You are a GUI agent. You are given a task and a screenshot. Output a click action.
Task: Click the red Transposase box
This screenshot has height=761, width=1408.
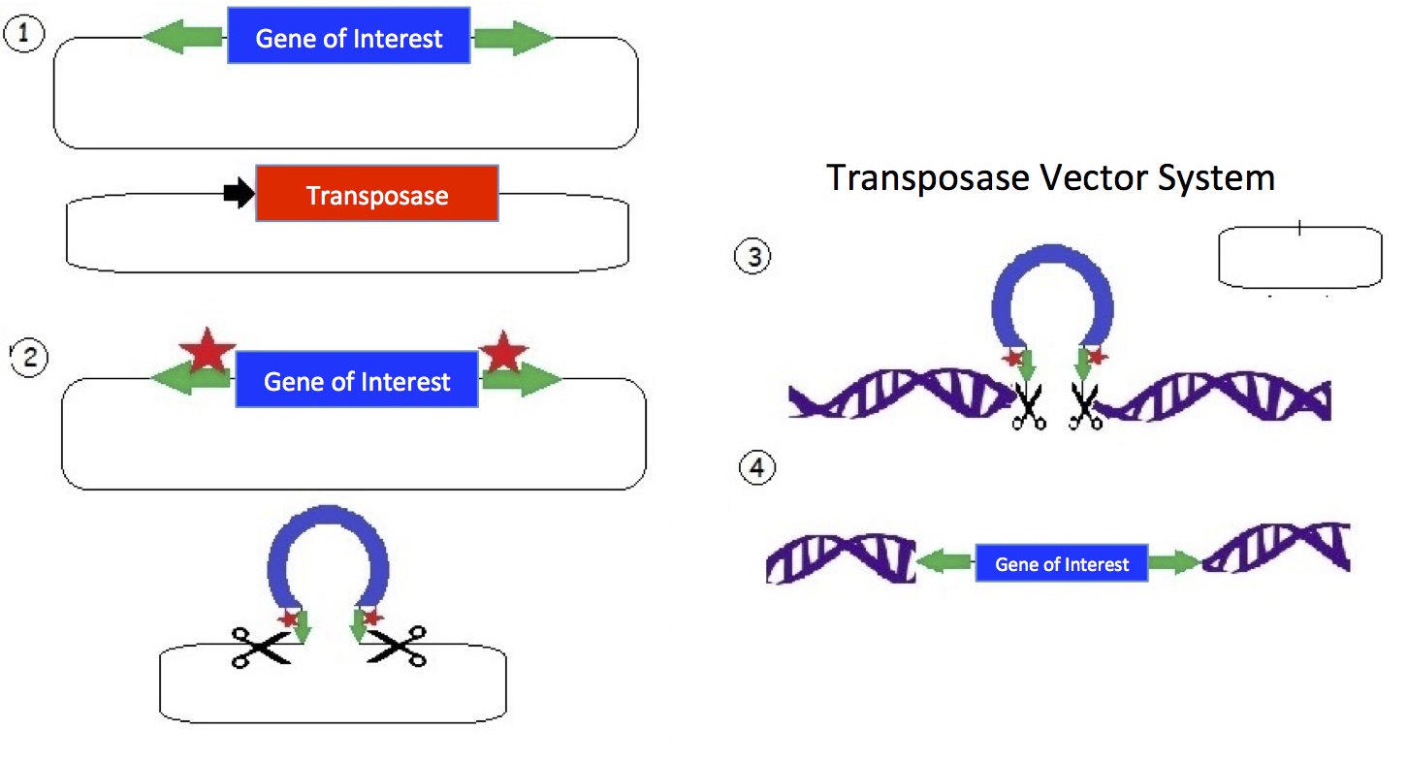pyautogui.click(x=377, y=194)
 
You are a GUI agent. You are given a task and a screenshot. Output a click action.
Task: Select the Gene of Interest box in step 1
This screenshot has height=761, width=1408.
pyautogui.click(x=349, y=37)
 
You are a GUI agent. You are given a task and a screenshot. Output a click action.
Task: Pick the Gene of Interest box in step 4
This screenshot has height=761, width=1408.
pyautogui.click(x=1062, y=563)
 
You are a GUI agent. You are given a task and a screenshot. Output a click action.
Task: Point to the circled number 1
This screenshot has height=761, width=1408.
pyautogui.click(x=23, y=37)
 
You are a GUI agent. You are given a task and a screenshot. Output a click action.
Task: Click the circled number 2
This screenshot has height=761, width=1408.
pyautogui.click(x=29, y=357)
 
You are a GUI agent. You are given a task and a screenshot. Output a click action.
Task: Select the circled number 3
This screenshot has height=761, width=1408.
pyautogui.click(x=752, y=257)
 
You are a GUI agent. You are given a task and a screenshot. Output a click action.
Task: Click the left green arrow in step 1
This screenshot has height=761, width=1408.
pyautogui.click(x=184, y=37)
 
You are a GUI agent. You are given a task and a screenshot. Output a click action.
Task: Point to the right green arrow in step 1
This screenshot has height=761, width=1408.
pyautogui.click(x=512, y=38)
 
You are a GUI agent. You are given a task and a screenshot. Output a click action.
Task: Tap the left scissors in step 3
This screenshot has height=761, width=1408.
pyautogui.click(x=1026, y=406)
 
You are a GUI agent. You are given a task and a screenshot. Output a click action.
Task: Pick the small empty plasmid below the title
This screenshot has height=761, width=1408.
pyautogui.click(x=1299, y=257)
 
